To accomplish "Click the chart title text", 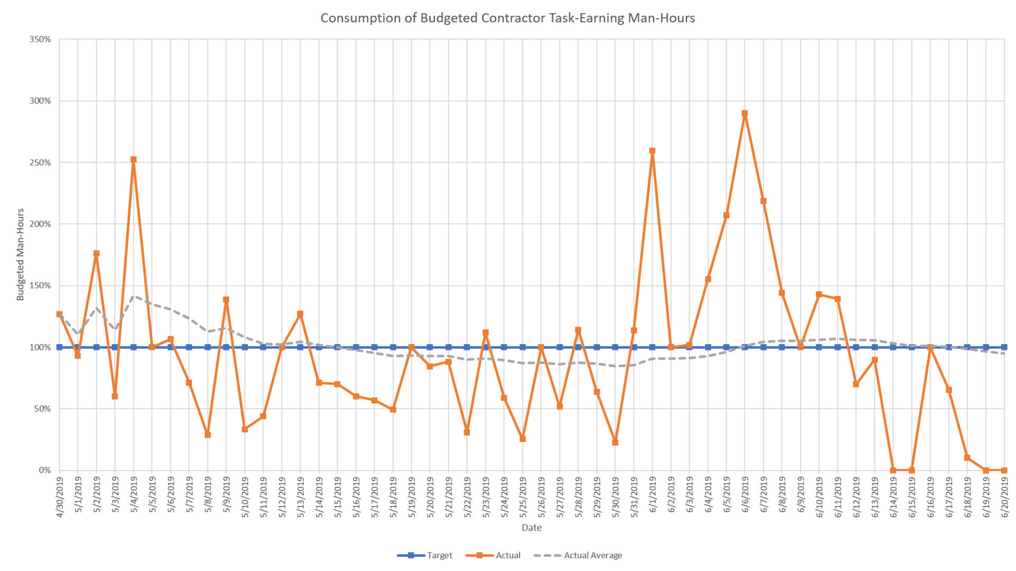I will tap(507, 18).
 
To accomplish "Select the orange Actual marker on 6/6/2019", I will tap(745, 113).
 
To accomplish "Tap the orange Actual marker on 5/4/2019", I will tap(133, 159).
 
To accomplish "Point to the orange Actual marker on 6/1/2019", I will tap(652, 151).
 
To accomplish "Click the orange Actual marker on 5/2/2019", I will tap(96, 253).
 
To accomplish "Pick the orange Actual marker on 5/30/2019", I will tap(615, 442).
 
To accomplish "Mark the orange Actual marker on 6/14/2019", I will tap(893, 470).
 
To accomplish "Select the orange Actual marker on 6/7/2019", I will tap(763, 201).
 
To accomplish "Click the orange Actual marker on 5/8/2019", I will tap(207, 435).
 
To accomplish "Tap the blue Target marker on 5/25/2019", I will tap(522, 347).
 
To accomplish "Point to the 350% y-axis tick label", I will tap(40, 39).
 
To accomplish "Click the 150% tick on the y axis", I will tap(40, 285).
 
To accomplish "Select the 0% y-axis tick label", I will tap(44, 470).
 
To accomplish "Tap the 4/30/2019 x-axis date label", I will tap(59, 497).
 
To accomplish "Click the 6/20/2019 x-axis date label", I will tap(1004, 497).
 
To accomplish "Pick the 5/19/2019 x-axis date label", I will tap(412, 497).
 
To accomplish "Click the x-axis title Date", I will tap(531, 528).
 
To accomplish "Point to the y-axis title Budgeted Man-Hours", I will tap(21, 254).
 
